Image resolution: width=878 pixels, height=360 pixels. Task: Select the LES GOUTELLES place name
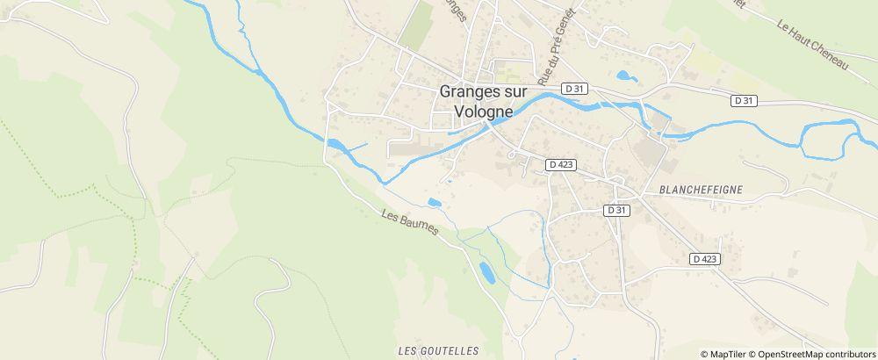438,350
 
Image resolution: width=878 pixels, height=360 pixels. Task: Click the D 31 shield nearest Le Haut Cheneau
743,101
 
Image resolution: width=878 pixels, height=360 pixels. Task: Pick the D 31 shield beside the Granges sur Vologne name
575,88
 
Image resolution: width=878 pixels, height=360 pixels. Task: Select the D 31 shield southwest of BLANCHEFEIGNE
617,211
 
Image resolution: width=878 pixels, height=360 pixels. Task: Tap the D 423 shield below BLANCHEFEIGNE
704,259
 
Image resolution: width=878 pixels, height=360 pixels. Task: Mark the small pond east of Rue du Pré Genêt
626,76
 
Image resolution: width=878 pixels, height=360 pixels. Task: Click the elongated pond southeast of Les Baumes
486,273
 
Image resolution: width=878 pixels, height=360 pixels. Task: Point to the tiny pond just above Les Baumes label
434,203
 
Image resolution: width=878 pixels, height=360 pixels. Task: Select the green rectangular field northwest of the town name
417,25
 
